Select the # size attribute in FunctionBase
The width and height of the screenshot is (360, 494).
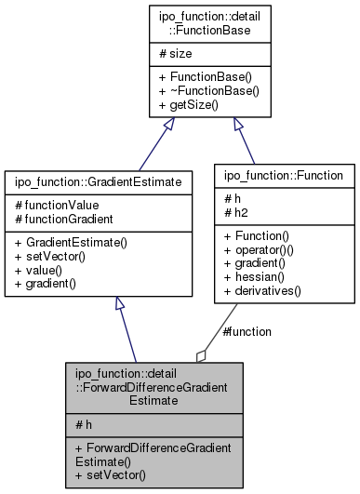[x=154, y=55]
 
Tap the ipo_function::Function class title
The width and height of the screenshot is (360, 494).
[x=285, y=174]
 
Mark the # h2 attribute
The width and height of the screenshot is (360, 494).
[x=233, y=210]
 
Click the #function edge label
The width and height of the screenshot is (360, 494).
[x=245, y=331]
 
